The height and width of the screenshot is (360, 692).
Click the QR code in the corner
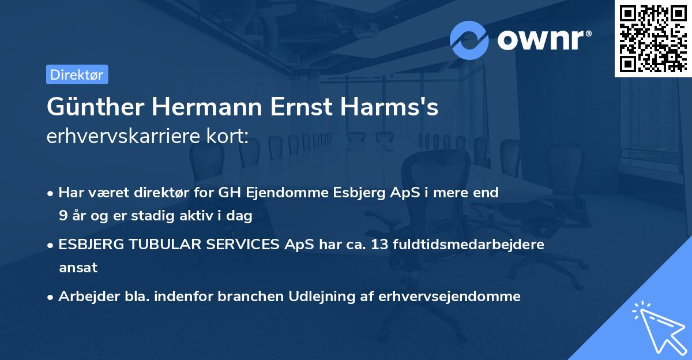point(653,38)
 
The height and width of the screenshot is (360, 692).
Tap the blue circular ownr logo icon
point(469,40)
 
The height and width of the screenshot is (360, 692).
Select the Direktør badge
point(77,74)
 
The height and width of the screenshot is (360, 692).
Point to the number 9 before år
point(63,216)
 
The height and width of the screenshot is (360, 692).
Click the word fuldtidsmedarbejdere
point(470,245)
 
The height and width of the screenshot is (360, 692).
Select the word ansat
point(78,268)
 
